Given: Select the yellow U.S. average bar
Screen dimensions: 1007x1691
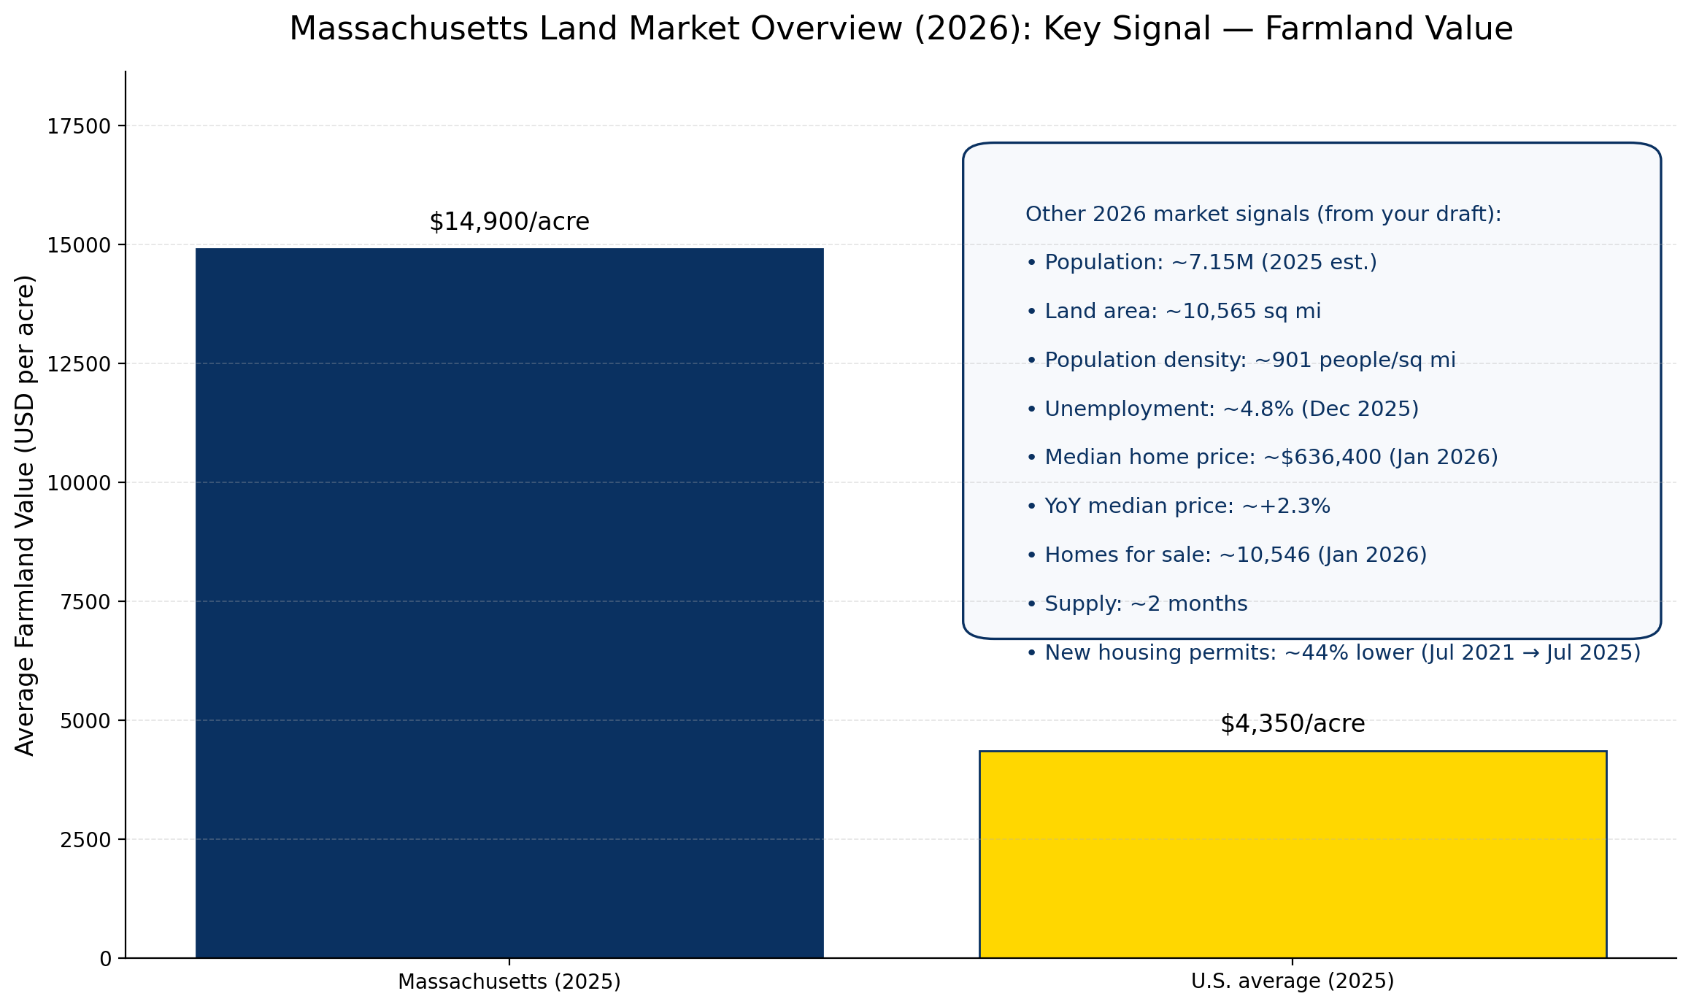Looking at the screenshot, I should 1292,854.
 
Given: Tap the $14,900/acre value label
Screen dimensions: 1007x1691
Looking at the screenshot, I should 509,222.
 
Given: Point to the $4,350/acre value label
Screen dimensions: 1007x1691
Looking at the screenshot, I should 1292,724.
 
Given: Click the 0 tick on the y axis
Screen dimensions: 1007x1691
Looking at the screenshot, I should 106,959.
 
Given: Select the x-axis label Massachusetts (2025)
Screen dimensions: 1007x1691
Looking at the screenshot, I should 509,982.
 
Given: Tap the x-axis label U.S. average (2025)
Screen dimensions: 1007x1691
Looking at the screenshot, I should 1292,981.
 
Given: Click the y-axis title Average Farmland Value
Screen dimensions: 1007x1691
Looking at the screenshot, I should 26,515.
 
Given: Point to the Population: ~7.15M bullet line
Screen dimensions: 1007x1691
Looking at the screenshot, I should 1201,263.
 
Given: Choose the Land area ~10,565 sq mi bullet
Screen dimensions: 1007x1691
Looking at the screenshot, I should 1173,312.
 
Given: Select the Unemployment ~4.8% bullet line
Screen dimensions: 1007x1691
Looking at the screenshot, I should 1222,409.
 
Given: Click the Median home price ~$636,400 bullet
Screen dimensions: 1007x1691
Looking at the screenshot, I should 1261,458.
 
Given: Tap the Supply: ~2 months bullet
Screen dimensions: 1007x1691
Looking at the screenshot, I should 1136,604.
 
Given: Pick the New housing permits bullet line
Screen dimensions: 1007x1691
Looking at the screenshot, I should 1333,653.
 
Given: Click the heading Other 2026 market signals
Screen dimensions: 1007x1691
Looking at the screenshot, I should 1263,215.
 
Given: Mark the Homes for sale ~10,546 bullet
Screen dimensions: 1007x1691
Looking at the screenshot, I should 1225,555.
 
